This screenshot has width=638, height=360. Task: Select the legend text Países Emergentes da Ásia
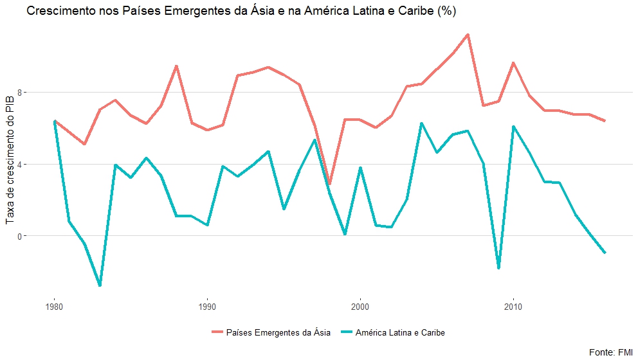point(278,332)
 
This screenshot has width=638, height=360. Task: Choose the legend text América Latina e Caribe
point(400,332)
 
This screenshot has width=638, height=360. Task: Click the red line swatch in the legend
point(217,332)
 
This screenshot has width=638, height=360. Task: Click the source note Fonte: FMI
point(611,352)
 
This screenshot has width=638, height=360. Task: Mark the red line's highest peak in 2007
point(468,34)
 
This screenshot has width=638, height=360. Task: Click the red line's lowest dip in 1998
point(330,184)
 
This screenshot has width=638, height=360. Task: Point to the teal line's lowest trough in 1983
point(100,285)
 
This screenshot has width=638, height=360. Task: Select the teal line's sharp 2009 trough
point(498,267)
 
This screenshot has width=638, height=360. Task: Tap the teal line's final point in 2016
point(605,253)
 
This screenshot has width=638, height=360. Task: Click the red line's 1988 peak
point(176,66)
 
